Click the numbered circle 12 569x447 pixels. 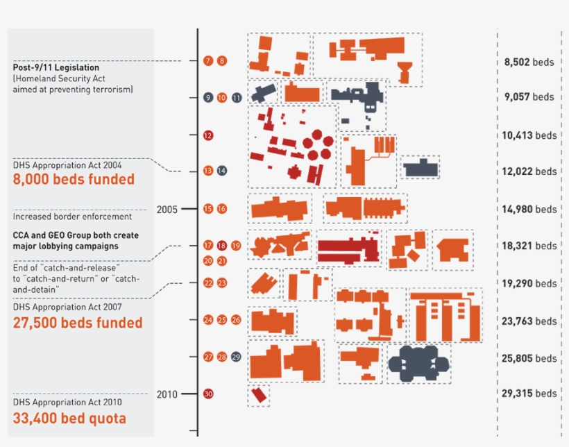tap(208, 135)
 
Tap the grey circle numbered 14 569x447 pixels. tap(222, 171)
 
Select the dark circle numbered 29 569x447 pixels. tap(236, 357)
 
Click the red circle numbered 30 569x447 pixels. tap(208, 394)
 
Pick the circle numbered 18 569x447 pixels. tap(222, 246)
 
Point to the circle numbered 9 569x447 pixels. tap(208, 98)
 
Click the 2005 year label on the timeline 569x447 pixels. tap(168, 209)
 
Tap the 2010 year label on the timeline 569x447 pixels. tap(167, 394)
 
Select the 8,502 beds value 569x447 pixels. tap(529, 62)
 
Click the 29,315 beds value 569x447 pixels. tap(529, 393)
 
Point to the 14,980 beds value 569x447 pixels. tap(529, 209)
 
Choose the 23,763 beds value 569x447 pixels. tap(529, 321)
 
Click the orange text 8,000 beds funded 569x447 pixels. tap(74, 179)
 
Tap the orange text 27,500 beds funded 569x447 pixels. tap(78, 323)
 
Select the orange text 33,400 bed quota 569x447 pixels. tap(69, 418)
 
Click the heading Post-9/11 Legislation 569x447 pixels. tap(56, 68)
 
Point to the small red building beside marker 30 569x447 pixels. tap(259, 396)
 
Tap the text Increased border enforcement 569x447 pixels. tap(72, 217)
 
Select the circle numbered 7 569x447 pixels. tap(208, 61)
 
